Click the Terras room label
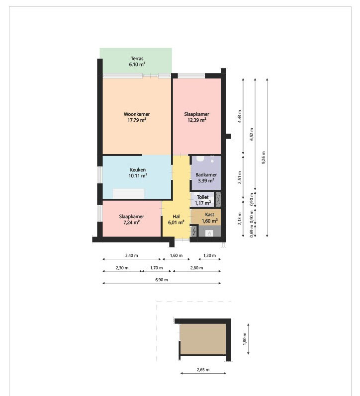137,62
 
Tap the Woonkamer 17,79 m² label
137,117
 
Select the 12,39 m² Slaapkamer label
197,117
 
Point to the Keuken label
138,173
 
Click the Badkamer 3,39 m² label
206,177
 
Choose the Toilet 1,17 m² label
203,200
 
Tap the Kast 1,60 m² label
209,218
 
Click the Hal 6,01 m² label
176,220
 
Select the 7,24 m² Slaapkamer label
131,220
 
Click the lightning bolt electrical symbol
194,232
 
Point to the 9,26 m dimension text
264,158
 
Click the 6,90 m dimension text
162,280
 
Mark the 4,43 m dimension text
239,116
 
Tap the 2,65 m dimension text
203,370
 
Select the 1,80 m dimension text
245,339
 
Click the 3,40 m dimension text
131,255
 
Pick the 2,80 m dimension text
196,268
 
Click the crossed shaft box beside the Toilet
218,199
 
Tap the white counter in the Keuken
128,193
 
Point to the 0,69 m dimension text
252,232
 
